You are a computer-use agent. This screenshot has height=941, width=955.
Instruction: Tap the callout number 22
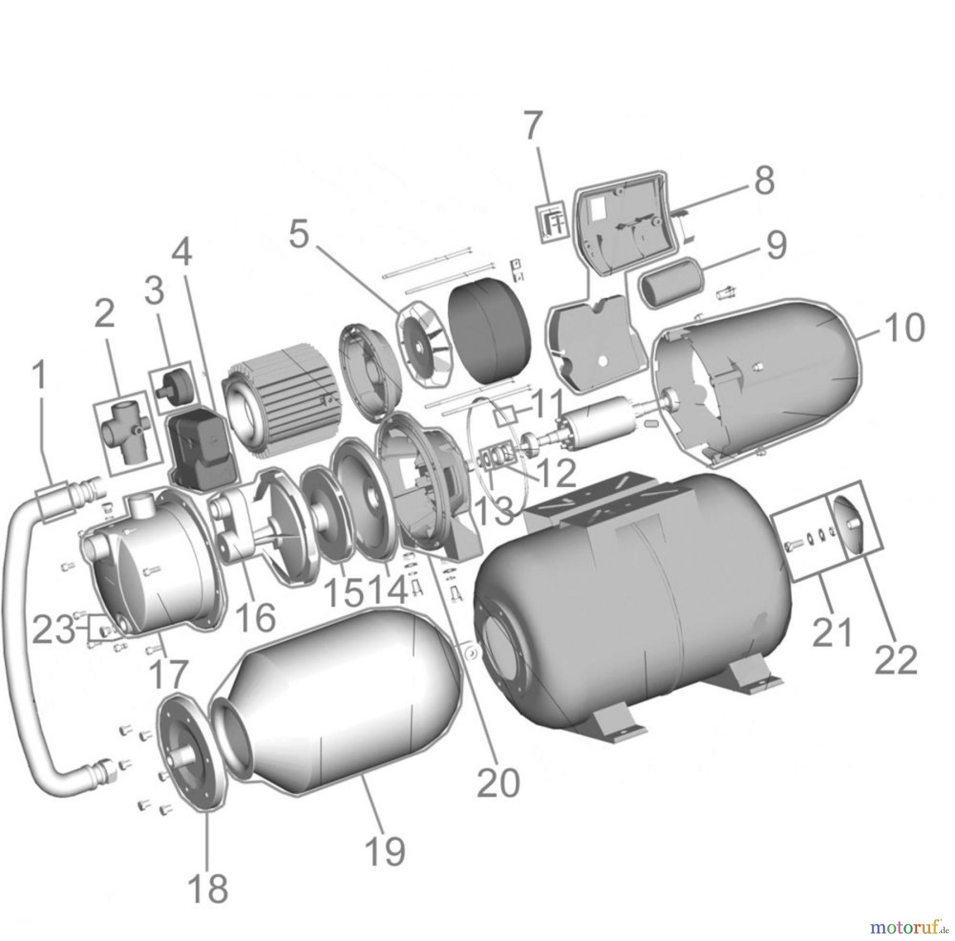[896, 660]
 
